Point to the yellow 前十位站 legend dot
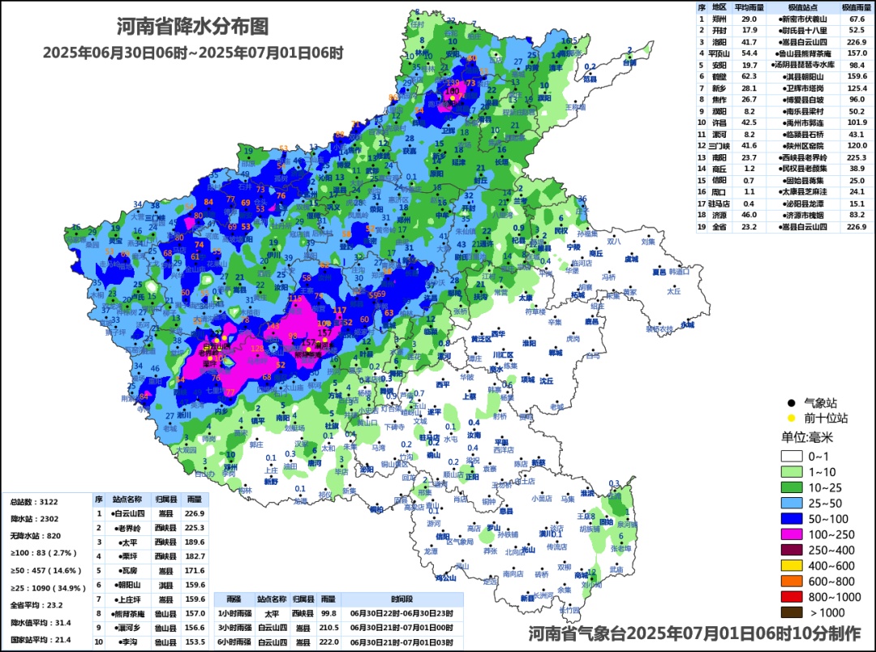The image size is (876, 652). tap(789, 418)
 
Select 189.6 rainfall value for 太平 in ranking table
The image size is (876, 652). tap(195, 542)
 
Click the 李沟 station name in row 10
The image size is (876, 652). tap(128, 641)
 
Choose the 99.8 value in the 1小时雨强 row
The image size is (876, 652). tap(326, 613)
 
